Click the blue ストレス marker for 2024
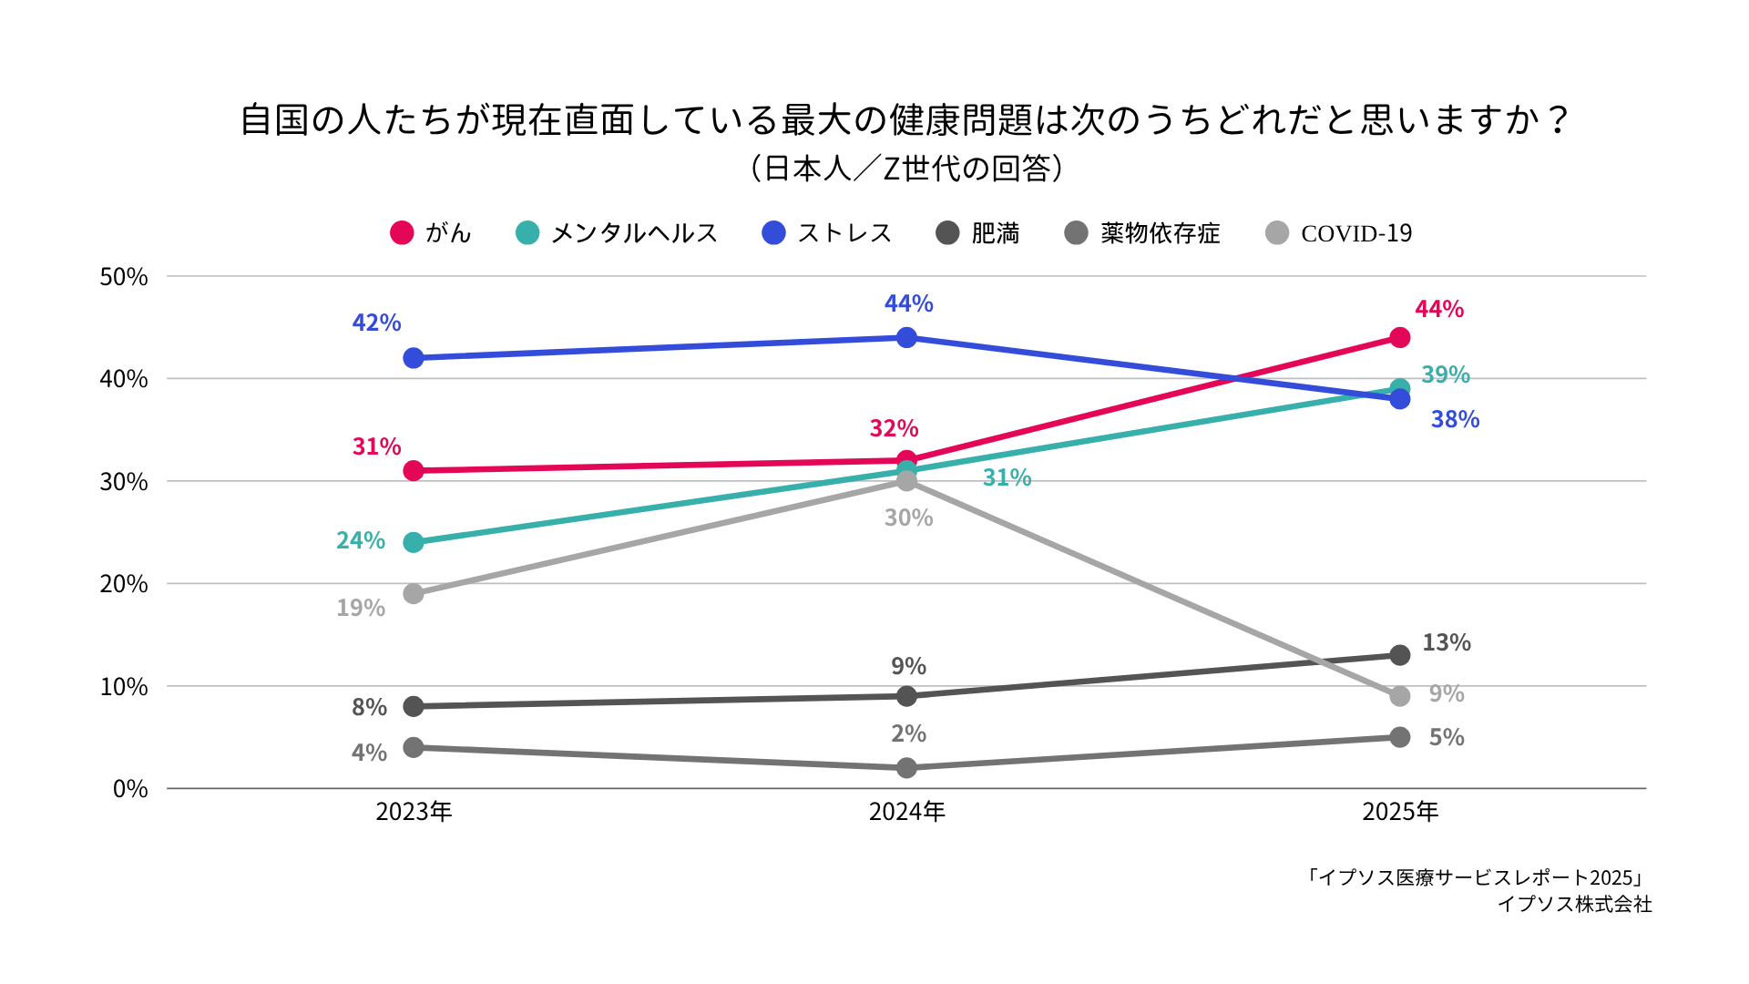point(906,338)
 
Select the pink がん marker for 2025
point(1400,338)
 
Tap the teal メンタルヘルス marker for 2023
point(414,542)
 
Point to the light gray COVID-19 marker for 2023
point(414,594)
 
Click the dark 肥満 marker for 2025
point(1400,655)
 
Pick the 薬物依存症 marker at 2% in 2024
point(906,768)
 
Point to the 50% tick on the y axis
point(124,277)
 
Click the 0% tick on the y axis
point(130,789)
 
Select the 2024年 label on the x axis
point(906,812)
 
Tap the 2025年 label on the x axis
point(1400,812)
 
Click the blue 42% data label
point(376,323)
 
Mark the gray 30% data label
point(908,518)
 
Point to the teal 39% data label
point(1446,374)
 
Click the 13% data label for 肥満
point(1447,642)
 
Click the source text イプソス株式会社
point(1574,904)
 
